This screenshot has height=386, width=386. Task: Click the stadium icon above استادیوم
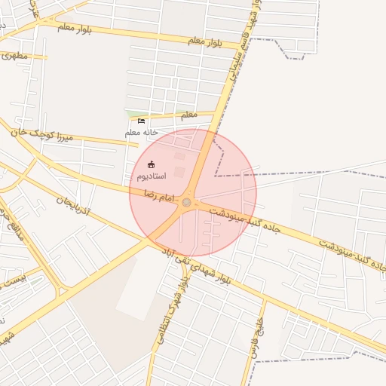pos(152,164)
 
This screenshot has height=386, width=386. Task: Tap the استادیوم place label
pos(152,176)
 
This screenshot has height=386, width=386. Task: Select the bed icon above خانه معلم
pos(141,121)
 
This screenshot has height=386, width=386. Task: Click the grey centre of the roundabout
pos(186,201)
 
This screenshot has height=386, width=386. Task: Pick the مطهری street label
pos(14,55)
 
